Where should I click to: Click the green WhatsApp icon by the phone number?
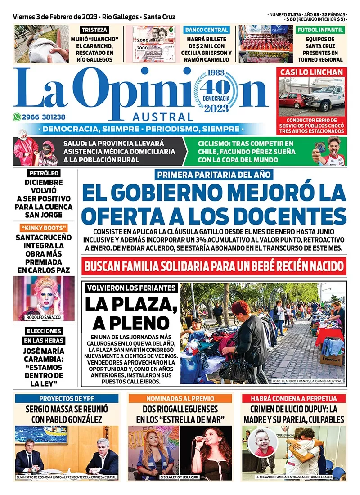(18, 117)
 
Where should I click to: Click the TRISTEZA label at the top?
(94, 30)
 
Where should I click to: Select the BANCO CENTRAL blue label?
(207, 30)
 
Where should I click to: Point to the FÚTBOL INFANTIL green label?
(320, 30)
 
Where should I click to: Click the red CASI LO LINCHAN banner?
(312, 72)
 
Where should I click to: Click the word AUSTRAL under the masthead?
(163, 116)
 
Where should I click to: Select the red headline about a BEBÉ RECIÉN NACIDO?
(214, 265)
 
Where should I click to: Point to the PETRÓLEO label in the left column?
(44, 173)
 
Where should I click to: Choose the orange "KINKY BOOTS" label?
(44, 228)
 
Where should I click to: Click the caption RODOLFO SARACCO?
(43, 317)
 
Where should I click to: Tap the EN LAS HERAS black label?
(44, 341)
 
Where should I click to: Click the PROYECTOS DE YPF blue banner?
(67, 398)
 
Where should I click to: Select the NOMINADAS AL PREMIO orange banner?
(180, 398)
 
